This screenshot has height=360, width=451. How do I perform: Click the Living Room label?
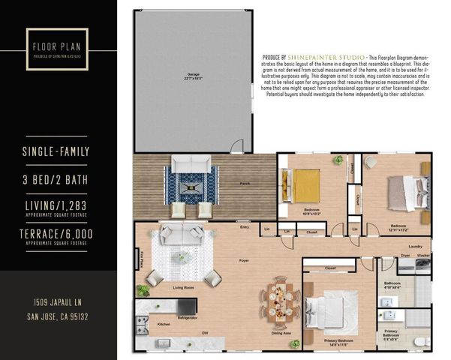pyautogui.click(x=184, y=286)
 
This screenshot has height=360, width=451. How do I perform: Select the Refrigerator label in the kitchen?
pyautogui.click(x=187, y=318)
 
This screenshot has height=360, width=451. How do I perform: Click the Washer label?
pyautogui.click(x=423, y=256)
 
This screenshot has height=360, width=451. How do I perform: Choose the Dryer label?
pyautogui.click(x=404, y=256)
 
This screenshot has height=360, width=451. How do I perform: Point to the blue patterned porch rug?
pyautogui.click(x=191, y=184)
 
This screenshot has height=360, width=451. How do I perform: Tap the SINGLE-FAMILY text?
pyautogui.click(x=56, y=152)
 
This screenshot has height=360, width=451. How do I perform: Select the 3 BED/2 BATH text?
pyautogui.click(x=56, y=180)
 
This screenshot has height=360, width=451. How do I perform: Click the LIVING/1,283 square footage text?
pyautogui.click(x=56, y=206)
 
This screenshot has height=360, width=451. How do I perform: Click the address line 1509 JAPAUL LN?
pyautogui.click(x=56, y=302)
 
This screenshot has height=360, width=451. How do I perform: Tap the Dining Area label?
pyautogui.click(x=281, y=332)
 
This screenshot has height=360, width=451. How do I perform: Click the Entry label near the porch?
pyautogui.click(x=245, y=227)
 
